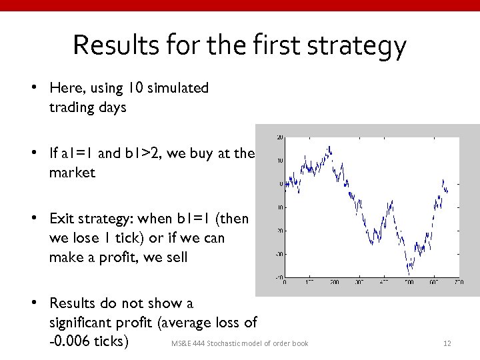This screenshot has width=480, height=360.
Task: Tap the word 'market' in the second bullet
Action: point(72,173)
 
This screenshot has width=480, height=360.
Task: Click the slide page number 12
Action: point(447,343)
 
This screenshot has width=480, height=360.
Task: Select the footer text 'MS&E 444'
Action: point(189,343)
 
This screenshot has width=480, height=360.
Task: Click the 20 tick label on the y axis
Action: point(280,137)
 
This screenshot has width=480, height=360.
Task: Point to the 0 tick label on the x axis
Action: point(285,282)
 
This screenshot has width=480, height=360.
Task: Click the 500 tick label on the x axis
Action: point(409,282)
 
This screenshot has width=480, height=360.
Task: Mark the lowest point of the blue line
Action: point(409,274)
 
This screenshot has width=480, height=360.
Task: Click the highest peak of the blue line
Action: point(305,157)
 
